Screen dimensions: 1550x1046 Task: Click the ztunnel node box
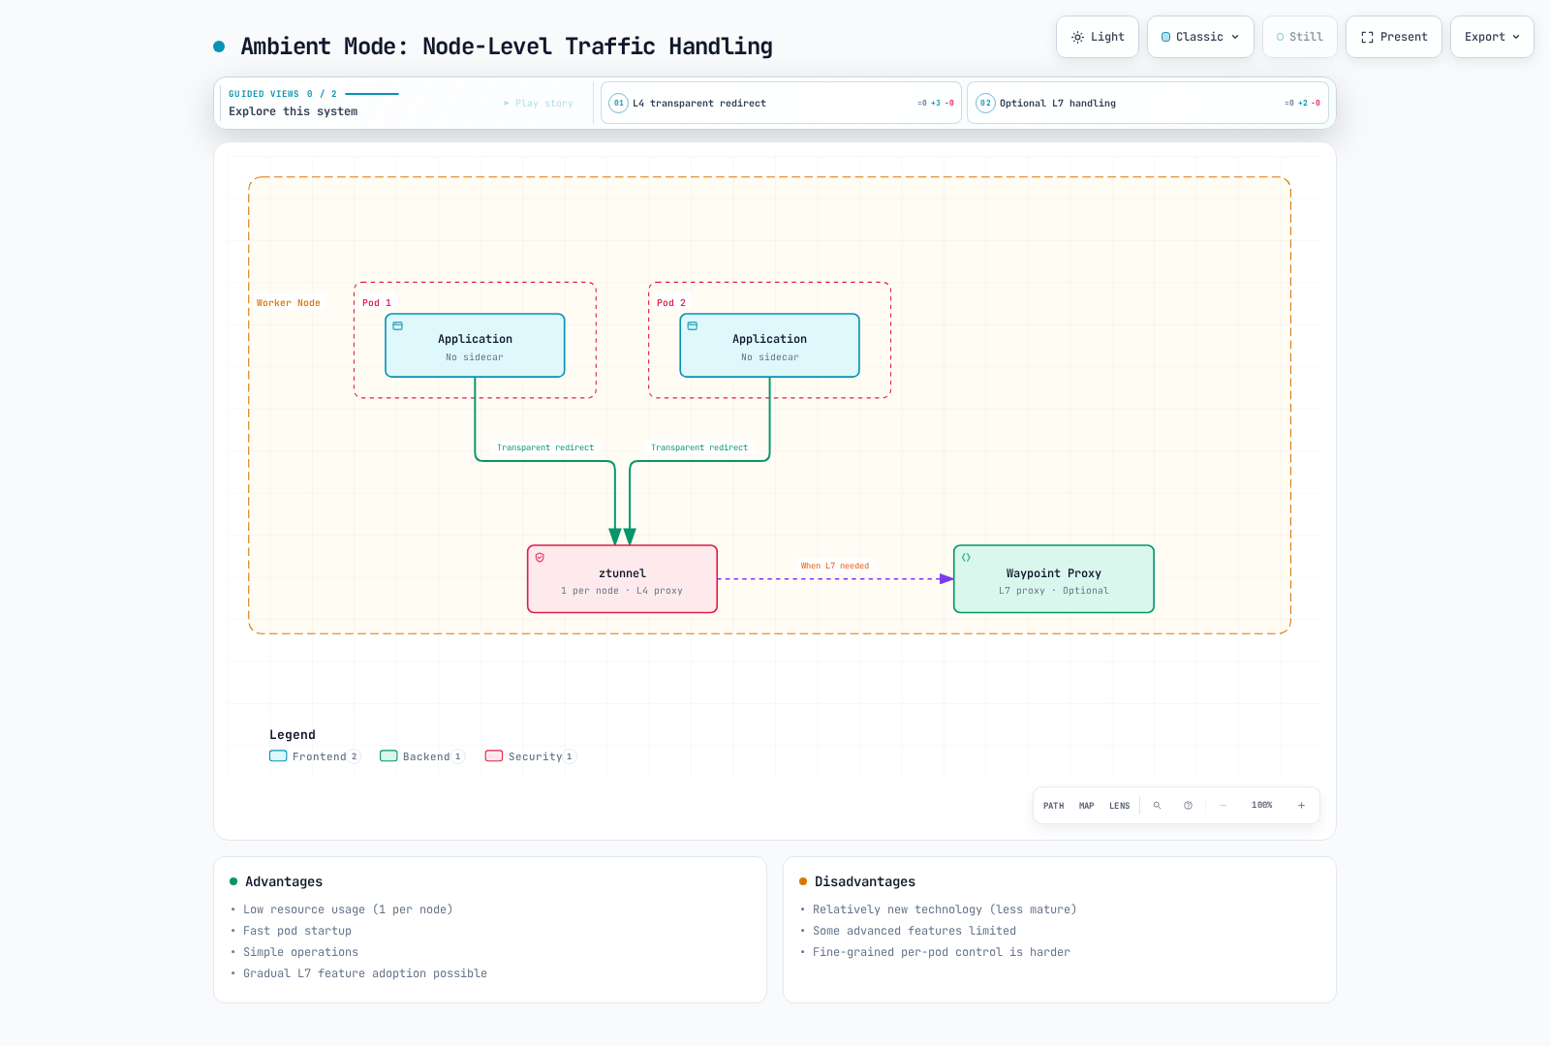[622, 579]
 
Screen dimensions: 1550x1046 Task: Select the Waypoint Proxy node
[1053, 579]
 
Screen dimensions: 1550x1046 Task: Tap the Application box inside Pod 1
[475, 345]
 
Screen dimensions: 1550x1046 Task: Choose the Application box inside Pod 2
[769, 345]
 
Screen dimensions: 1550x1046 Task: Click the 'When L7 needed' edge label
[834, 566]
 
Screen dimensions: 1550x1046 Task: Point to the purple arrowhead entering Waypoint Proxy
[946, 579]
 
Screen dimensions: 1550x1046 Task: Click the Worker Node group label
[288, 303]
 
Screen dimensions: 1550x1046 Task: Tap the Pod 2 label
[670, 303]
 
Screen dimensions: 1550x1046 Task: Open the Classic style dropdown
[1200, 37]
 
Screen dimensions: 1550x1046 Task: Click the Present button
[1393, 37]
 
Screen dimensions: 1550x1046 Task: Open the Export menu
[1492, 37]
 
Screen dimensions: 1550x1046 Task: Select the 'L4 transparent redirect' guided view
[781, 103]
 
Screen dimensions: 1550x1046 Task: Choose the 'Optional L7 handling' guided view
[1147, 103]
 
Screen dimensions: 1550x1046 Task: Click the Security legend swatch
[494, 755]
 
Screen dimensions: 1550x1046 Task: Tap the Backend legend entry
[422, 756]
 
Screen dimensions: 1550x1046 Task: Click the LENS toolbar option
[1119, 805]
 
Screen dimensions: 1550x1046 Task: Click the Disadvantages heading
[864, 881]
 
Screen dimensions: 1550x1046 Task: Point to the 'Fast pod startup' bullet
[296, 931]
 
